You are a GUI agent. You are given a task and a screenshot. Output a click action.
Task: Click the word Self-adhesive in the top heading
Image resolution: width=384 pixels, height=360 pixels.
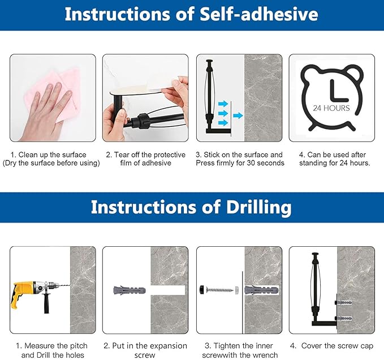[x=259, y=14]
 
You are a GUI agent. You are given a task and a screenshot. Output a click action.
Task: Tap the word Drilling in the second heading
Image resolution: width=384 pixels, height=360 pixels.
[x=258, y=207]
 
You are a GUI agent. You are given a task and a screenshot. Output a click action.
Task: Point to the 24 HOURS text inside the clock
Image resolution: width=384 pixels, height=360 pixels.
[x=331, y=108]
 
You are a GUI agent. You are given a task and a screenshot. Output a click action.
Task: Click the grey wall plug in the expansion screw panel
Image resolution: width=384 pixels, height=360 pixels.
[x=130, y=290]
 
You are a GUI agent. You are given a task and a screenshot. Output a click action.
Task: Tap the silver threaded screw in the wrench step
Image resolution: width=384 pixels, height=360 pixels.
[x=219, y=290]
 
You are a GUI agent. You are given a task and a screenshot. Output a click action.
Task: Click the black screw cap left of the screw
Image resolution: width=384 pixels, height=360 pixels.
[x=202, y=290]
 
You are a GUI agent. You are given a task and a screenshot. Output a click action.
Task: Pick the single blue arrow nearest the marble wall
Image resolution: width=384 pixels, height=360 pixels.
[x=238, y=115]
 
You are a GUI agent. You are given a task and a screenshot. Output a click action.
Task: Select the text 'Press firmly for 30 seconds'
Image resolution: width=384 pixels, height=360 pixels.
[x=240, y=163]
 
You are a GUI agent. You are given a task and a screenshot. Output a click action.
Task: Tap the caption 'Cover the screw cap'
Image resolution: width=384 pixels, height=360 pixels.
[x=337, y=346]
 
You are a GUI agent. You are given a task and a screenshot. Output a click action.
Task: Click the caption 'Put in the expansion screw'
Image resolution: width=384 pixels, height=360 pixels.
[x=145, y=350]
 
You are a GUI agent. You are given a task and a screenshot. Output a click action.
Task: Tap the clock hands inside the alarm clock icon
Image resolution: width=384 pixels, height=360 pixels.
[x=338, y=91]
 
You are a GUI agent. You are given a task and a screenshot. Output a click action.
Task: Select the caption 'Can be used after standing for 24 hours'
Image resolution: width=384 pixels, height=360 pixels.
[x=335, y=159]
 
